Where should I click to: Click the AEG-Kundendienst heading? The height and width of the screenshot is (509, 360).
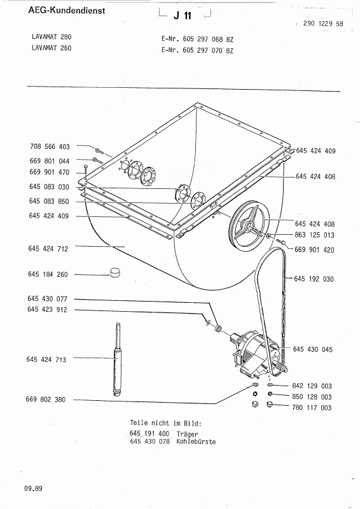67,10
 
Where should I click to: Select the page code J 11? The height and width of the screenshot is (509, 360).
183,15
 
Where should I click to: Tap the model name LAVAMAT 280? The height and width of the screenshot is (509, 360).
52,37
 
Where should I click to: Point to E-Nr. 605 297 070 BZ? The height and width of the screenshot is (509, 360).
197,50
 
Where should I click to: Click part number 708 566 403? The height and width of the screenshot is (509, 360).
50,147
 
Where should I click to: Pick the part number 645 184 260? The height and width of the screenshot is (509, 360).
48,274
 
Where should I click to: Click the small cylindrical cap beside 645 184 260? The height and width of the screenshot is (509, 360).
115,272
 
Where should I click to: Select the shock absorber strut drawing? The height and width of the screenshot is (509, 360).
117,359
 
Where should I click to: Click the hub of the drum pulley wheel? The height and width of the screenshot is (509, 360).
249,225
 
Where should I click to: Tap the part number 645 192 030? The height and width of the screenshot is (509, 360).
314,279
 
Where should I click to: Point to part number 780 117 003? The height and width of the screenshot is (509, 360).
312,407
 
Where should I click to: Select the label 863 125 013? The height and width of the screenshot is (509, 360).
315,235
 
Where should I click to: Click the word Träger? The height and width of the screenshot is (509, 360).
187,434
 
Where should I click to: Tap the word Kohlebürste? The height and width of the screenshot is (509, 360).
196,442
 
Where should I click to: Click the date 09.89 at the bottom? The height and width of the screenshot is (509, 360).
33,489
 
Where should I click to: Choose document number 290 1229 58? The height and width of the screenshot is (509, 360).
323,24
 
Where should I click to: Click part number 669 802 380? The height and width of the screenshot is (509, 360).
45,400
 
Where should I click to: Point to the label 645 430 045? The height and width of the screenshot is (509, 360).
312,349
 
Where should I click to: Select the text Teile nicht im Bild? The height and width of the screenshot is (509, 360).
165,423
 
